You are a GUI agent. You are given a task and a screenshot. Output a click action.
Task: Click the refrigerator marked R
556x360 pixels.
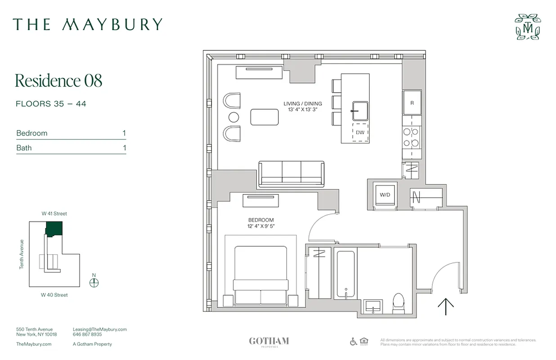tap(412, 102)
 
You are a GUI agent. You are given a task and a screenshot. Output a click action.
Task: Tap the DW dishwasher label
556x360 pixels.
tap(360, 132)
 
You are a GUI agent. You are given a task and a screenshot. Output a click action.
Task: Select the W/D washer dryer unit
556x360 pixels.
tap(385, 195)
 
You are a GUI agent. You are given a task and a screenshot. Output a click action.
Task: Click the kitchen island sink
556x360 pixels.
tap(360, 111)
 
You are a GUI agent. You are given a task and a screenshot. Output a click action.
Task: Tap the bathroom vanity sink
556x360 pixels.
tap(372, 307)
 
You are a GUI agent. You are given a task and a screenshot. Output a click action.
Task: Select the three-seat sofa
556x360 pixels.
tap(291, 173)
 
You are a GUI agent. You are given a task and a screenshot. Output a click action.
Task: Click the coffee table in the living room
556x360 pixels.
tap(264, 117)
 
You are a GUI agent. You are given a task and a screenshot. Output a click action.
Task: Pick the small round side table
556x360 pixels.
tap(233, 117)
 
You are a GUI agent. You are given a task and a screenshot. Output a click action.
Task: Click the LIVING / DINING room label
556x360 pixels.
tap(302, 103)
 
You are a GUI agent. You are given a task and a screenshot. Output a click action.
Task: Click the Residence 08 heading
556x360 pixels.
tap(58, 81)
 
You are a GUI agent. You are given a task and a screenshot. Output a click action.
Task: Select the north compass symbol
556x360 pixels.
tap(94, 283)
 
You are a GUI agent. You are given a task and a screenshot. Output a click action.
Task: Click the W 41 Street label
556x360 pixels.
tap(54, 214)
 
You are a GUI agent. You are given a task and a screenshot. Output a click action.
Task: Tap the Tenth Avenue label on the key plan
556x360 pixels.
tap(21, 254)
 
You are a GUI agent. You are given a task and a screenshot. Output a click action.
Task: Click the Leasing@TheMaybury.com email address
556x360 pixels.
tap(99, 329)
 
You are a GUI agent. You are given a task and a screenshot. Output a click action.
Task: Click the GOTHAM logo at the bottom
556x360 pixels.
tap(269, 341)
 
